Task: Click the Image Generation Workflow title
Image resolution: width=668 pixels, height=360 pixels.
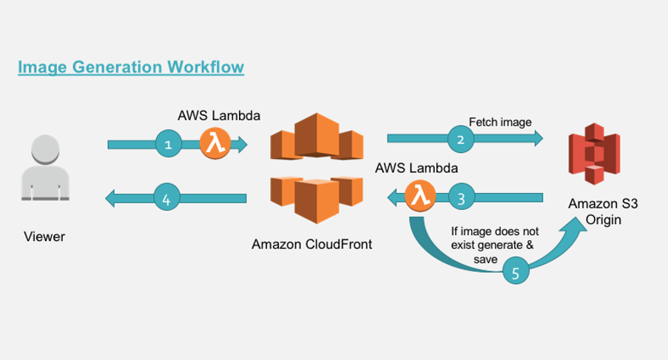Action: tap(131, 67)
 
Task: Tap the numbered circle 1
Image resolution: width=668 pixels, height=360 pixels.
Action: tap(168, 144)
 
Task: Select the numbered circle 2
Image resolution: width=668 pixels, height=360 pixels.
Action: tap(460, 137)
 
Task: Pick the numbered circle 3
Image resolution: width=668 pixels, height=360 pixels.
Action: tap(461, 198)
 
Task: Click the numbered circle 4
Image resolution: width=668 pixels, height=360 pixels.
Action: tap(166, 198)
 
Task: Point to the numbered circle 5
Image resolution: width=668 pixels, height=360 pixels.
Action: tap(516, 272)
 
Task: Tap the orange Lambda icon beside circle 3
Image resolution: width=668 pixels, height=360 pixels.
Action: tap(420, 197)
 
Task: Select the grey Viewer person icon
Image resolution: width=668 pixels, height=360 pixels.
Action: tap(45, 169)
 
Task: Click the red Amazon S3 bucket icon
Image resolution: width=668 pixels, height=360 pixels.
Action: tap(593, 154)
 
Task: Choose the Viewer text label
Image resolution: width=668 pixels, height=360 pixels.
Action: tap(44, 237)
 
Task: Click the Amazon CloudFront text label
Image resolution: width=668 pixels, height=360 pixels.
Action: tap(311, 244)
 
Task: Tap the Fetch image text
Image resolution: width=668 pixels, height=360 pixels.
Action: tap(499, 121)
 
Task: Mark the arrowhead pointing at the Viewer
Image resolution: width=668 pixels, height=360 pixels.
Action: tap(112, 198)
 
